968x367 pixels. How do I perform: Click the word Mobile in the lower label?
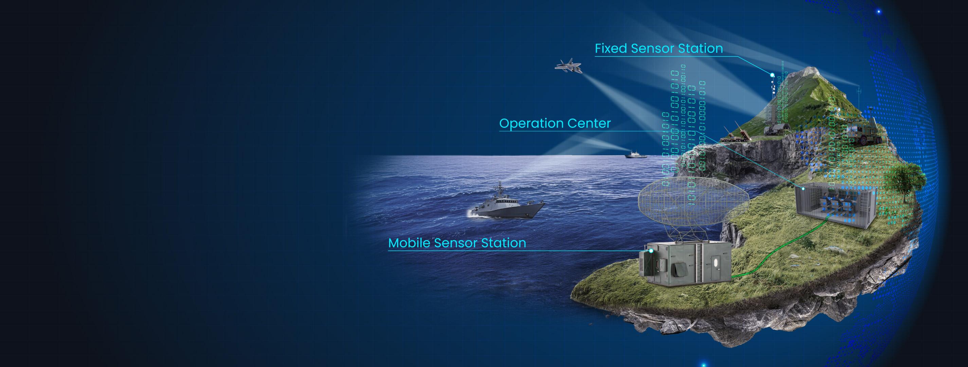tap(409, 243)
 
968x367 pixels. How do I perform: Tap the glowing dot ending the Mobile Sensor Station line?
tap(651, 250)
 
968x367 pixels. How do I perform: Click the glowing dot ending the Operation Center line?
tap(803, 188)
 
